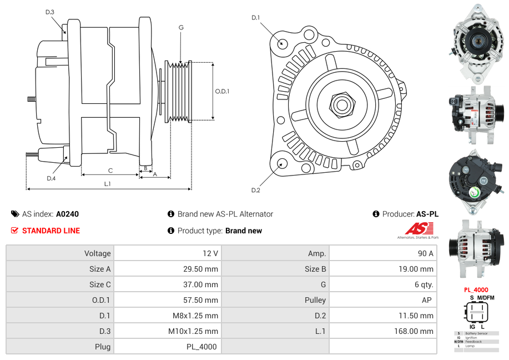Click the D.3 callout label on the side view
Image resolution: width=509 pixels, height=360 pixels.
(50, 12)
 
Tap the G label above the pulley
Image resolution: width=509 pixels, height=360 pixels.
(181, 27)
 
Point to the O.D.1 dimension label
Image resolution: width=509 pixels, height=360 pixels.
(222, 91)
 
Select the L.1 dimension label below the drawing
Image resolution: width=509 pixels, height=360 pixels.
(107, 183)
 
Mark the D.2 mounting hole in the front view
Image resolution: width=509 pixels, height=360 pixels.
(282, 163)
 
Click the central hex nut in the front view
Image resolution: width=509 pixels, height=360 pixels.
(341, 104)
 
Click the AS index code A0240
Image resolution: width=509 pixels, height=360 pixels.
(67, 214)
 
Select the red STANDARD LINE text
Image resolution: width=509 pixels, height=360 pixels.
(51, 231)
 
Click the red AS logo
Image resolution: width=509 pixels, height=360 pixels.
(416, 229)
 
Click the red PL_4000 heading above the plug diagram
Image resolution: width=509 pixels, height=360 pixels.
(476, 289)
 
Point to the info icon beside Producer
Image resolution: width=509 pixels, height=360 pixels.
(376, 214)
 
